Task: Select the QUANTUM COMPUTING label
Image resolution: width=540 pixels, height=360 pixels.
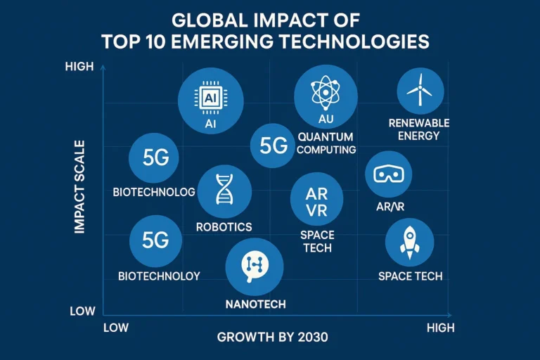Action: coord(326,143)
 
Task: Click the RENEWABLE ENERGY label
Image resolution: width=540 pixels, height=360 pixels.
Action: coord(419,129)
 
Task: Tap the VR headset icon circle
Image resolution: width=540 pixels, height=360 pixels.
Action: coord(389,174)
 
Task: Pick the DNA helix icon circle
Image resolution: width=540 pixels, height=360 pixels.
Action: coord(224,191)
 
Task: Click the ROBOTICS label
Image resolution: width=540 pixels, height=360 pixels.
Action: coord(224,227)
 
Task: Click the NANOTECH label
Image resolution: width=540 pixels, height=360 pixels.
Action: coord(255,304)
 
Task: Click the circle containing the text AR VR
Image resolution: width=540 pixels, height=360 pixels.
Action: coord(317,199)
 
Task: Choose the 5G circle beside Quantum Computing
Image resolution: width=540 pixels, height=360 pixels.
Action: coord(274,146)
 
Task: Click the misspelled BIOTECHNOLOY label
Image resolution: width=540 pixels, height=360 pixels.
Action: coord(159,276)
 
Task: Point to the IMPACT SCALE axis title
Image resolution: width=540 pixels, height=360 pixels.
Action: coord(79,187)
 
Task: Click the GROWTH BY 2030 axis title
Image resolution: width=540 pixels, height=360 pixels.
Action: coord(272,337)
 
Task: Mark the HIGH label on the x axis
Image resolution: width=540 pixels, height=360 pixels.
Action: coord(440,328)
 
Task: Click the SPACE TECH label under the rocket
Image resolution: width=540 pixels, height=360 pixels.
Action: coord(410,276)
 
